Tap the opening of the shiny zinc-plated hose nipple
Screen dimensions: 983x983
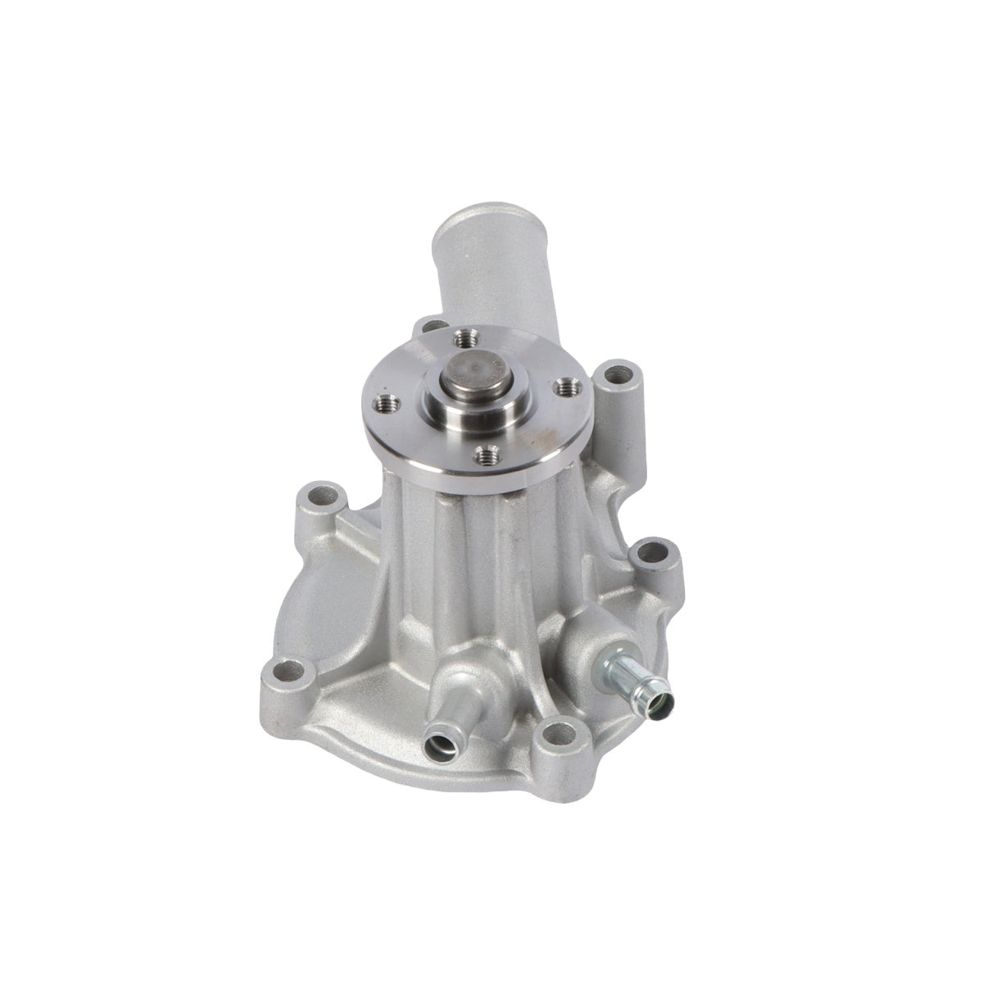(x=660, y=700)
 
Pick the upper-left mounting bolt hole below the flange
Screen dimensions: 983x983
(x=321, y=497)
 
